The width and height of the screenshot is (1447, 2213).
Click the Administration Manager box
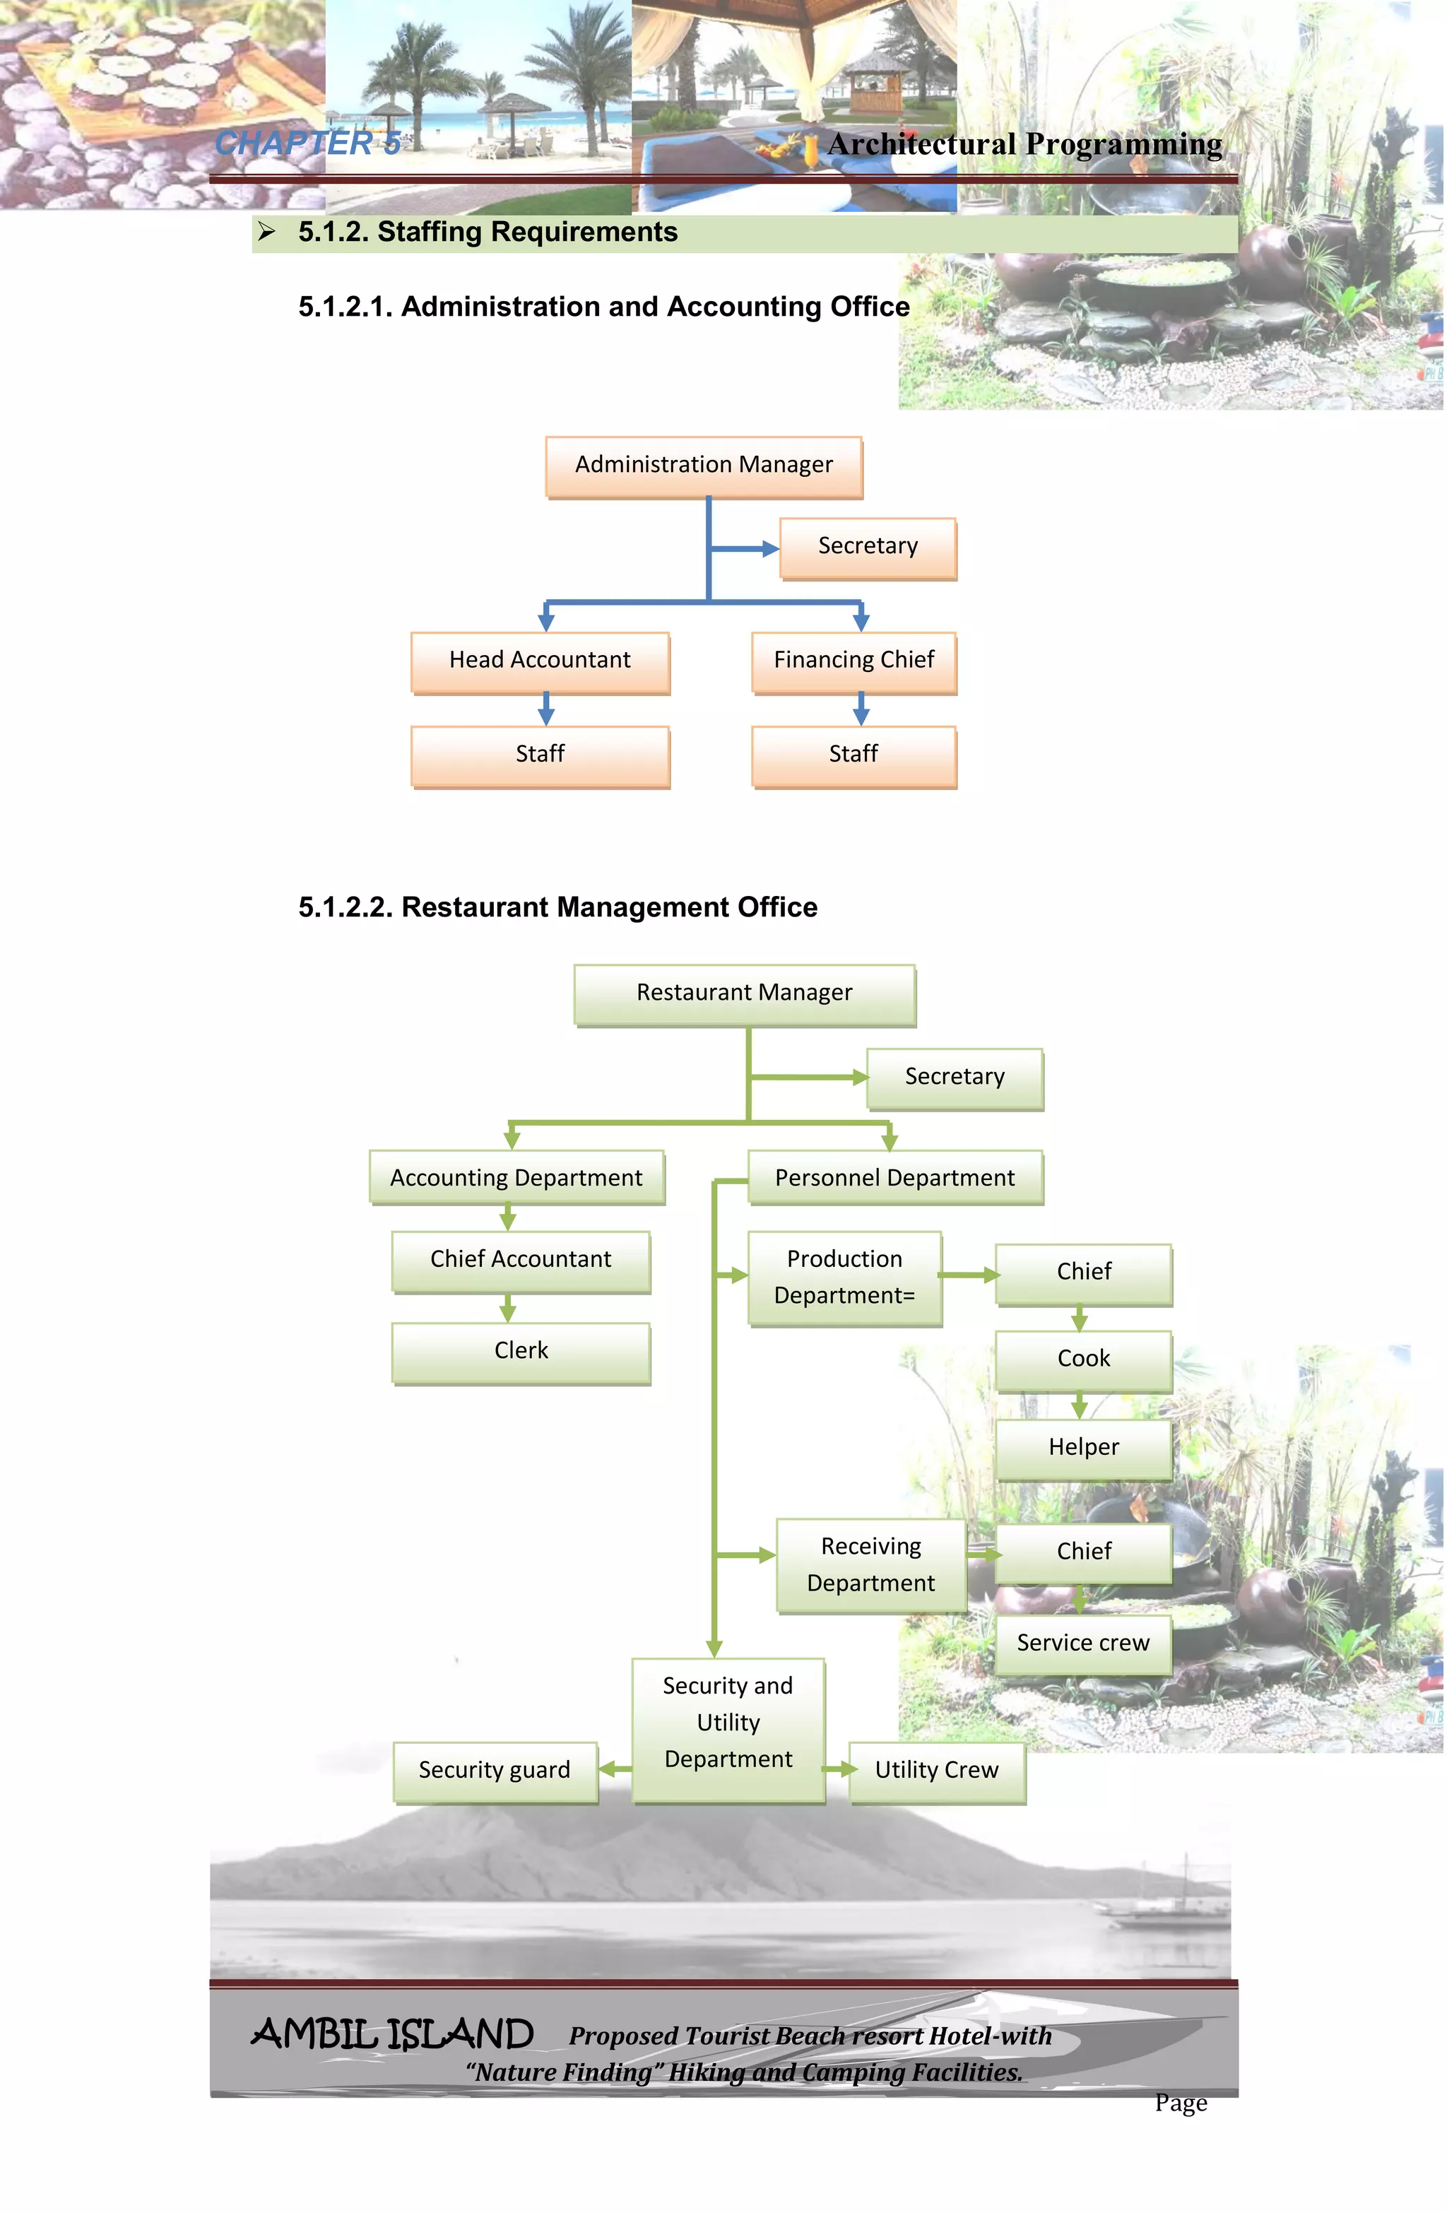click(x=704, y=465)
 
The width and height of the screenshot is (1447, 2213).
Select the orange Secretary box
click(x=868, y=547)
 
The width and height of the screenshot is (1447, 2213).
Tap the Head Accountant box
click(x=541, y=661)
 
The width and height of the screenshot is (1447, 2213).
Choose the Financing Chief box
click(x=854, y=661)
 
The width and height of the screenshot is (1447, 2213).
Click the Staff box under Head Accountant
click(x=541, y=755)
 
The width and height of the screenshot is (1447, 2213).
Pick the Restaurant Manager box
click(x=745, y=993)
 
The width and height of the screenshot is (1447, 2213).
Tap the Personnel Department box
click(x=895, y=1178)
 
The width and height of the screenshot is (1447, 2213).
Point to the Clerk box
click(x=521, y=1352)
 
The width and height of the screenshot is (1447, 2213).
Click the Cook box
click(x=1083, y=1359)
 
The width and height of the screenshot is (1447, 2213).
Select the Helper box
click(x=1083, y=1448)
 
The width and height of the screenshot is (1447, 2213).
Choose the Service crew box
click(x=1083, y=1644)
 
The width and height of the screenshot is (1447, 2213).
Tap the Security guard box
click(x=495, y=1771)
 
